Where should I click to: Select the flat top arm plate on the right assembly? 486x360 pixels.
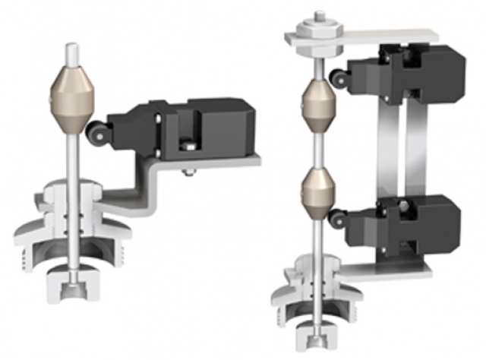click(395, 35)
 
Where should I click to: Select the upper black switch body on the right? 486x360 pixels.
click(418, 72)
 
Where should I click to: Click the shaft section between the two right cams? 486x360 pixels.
click(317, 148)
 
